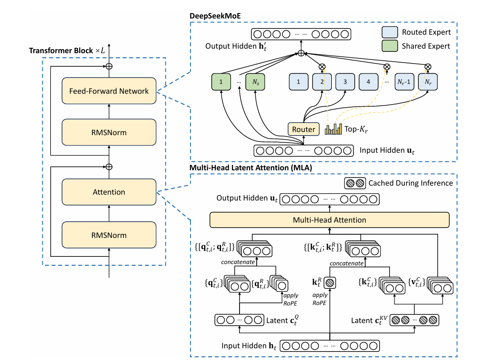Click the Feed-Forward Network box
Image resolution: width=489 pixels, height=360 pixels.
(109, 91)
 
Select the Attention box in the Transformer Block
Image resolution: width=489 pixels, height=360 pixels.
(109, 192)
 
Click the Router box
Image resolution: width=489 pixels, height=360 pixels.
(303, 129)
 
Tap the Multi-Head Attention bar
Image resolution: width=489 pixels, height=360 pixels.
(330, 220)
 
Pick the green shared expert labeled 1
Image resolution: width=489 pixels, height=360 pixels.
(221, 82)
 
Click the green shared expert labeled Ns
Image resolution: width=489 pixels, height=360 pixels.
(255, 82)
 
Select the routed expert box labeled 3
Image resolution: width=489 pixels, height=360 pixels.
(345, 82)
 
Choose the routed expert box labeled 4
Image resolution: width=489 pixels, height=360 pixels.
(368, 82)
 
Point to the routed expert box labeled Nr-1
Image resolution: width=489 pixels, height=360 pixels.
(404, 82)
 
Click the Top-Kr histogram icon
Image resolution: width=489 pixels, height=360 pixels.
(334, 129)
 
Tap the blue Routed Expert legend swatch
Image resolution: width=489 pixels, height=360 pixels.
(389, 32)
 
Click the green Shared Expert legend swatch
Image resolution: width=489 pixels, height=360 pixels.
(389, 46)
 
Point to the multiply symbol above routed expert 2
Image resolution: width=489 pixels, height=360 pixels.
(322, 67)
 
